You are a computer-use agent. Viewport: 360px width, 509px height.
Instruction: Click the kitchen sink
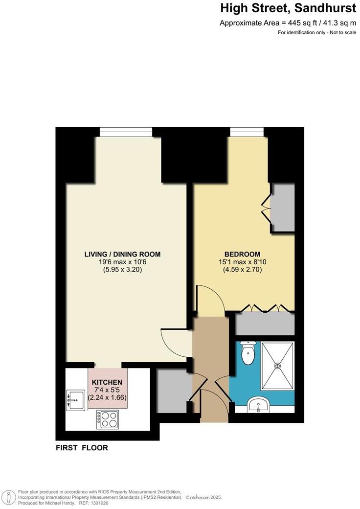point(75,400)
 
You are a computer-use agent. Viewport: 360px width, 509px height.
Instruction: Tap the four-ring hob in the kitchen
point(107,418)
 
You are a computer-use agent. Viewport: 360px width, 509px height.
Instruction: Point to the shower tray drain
point(278,365)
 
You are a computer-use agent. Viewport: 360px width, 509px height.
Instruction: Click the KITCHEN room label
point(107,382)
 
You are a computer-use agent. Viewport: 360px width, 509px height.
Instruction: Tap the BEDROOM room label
point(242,254)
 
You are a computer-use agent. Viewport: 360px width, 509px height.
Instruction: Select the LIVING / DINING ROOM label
point(122,254)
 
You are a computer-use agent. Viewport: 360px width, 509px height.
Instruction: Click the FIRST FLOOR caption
point(82,447)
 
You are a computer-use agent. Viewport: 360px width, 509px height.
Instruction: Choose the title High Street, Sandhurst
point(288,8)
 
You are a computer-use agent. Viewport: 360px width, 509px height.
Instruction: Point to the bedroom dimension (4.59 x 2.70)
point(242,269)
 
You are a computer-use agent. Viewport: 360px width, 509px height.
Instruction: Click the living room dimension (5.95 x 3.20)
point(122,269)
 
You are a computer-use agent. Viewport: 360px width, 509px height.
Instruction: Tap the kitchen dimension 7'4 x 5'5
point(107,390)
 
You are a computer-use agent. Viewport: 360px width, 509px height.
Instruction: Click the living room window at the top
point(126,132)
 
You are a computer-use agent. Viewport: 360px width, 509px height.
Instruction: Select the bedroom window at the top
point(248,132)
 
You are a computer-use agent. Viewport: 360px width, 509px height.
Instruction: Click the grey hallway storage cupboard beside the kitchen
point(173,390)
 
